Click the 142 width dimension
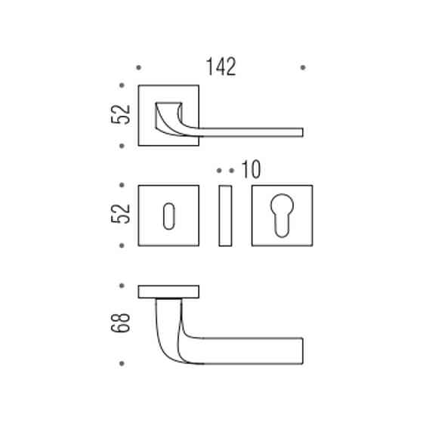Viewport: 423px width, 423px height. (221, 66)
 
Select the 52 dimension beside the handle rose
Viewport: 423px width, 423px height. (121, 115)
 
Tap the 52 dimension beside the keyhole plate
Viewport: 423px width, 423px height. (121, 214)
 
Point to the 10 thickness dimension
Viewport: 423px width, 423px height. (251, 170)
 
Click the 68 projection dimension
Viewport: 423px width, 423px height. (121, 323)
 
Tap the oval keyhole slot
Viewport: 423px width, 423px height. (169, 216)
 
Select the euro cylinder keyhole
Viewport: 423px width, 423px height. (282, 215)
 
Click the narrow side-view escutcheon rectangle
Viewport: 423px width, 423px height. (225, 215)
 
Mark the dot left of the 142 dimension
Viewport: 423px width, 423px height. (139, 67)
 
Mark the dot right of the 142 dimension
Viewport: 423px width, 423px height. (303, 67)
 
